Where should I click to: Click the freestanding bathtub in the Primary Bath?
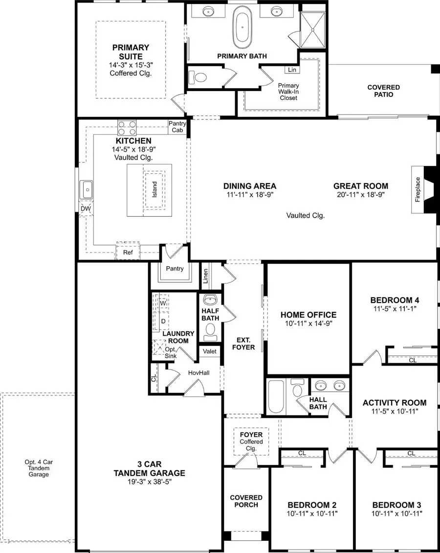point(243,25)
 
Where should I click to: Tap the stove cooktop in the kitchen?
point(127,128)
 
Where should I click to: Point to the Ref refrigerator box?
point(128,253)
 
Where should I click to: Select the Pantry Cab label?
point(177,127)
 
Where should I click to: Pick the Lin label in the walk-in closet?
point(292,70)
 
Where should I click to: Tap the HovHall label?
point(198,373)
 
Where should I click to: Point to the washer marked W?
point(163,303)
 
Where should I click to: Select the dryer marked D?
point(163,321)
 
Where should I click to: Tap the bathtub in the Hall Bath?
point(276,396)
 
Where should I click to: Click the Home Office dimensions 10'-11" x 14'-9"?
point(308,324)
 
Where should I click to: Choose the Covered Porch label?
point(246,501)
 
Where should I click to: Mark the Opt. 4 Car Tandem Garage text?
point(38,468)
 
